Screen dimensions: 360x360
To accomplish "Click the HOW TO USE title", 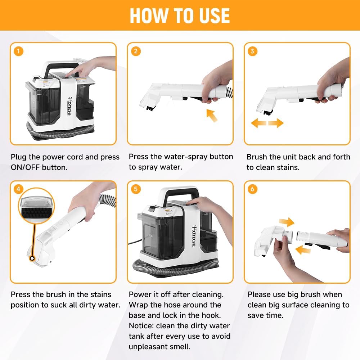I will point(180,15).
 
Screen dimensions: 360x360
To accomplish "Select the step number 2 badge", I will point(136,51).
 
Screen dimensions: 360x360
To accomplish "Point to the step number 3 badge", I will point(252,51).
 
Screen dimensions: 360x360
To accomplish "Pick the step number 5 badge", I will point(136,189).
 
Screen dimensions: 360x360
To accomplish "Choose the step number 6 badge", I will point(252,189).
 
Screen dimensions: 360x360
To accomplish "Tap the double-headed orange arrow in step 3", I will point(267,123).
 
